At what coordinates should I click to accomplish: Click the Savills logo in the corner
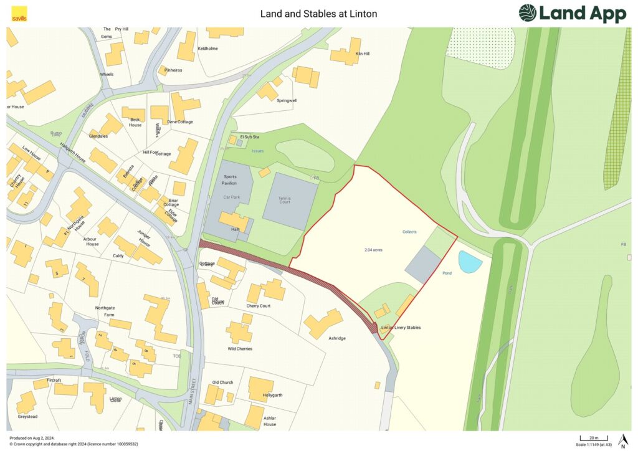point(19,13)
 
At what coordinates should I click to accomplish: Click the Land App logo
point(572,13)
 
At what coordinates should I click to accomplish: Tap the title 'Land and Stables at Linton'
point(318,13)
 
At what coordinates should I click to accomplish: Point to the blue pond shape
point(470,262)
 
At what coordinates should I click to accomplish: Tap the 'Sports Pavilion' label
point(230,181)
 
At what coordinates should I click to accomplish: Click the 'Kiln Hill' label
point(362,54)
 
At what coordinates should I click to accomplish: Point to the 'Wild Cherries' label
point(240,349)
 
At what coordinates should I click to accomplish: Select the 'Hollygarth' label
point(272,395)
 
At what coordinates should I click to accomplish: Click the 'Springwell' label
point(287,100)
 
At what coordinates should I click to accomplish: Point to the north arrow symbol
point(622,440)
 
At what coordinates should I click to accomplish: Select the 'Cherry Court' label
point(258,306)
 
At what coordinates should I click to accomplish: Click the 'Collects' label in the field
point(409,232)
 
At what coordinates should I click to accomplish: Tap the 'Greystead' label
point(27,416)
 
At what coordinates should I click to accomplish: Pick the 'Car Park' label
point(231,197)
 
